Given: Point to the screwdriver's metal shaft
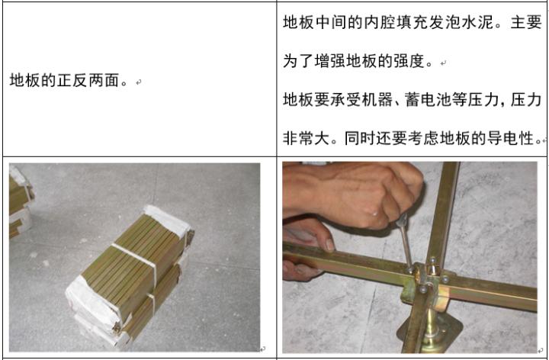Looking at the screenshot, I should click(x=402, y=243).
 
